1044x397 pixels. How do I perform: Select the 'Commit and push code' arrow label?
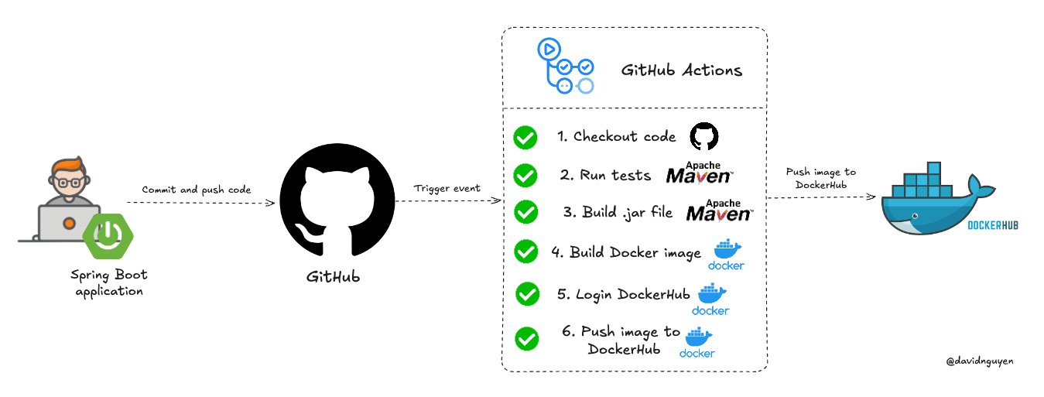[x=197, y=190]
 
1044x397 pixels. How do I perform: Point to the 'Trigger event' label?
[x=447, y=188]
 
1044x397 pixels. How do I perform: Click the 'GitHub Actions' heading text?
[x=682, y=70]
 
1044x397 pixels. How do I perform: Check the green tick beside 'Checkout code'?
[x=525, y=138]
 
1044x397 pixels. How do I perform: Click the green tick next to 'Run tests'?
[x=525, y=176]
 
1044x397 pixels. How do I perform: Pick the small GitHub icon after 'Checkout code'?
[x=704, y=136]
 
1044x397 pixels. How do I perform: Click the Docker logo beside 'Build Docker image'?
[x=727, y=255]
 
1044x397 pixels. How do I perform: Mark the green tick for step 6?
[x=527, y=338]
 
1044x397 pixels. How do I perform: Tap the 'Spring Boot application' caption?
[x=109, y=282]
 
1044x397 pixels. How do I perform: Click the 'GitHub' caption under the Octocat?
[x=333, y=277]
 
